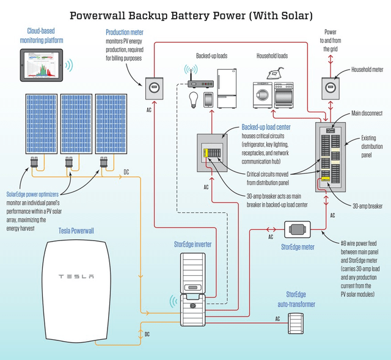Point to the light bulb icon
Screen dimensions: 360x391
pyautogui.click(x=194, y=98)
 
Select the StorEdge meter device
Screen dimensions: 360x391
pyautogui.click(x=298, y=231)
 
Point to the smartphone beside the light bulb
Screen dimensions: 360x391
pyautogui.click(x=208, y=99)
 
